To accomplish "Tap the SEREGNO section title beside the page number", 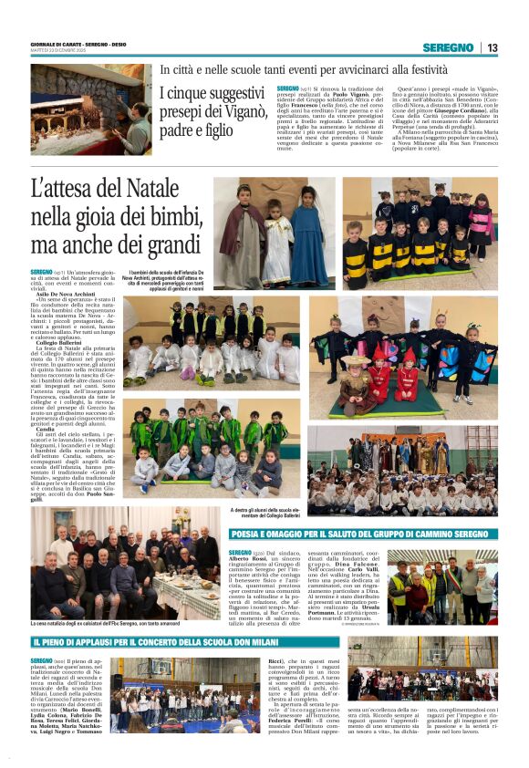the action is coord(448,47).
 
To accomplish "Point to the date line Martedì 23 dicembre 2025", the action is coord(54,51).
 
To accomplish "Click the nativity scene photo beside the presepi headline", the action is coord(90,109).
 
